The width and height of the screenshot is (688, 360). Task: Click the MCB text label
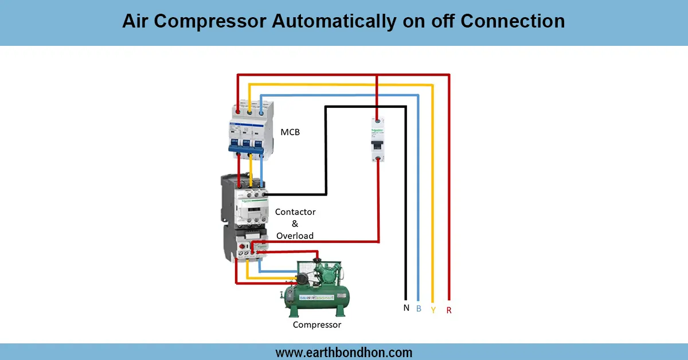[290, 132]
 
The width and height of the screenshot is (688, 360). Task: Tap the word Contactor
[295, 212]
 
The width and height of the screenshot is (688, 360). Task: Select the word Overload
[295, 236]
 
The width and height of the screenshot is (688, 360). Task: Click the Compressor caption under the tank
[317, 324]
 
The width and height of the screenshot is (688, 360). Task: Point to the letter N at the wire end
[406, 308]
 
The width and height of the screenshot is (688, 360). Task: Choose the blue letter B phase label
[419, 308]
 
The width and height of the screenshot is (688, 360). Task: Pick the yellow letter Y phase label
[433, 310]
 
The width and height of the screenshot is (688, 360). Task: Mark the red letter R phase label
[448, 310]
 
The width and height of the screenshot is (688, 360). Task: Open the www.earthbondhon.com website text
[343, 352]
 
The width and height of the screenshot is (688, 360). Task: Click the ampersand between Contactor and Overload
[295, 224]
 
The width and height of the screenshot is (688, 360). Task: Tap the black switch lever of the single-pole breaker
[377, 147]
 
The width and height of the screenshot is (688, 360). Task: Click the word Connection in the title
[513, 21]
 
